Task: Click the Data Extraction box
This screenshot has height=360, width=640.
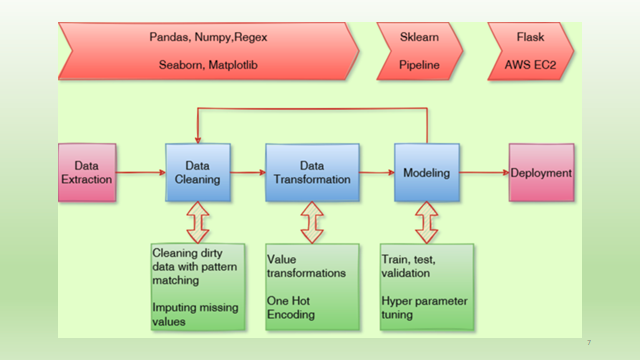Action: (87, 172)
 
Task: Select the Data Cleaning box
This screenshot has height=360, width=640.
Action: (197, 172)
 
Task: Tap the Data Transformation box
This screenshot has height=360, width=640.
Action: (311, 172)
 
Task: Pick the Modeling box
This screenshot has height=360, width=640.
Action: (426, 172)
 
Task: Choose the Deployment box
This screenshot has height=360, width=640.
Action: (541, 172)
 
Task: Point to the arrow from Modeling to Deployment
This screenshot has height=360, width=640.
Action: (484, 173)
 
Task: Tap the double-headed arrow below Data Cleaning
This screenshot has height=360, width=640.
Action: (197, 222)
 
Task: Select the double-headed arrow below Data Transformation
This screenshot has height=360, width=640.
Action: (312, 222)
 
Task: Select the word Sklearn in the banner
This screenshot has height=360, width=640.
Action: (421, 37)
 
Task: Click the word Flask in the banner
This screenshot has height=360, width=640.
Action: (531, 37)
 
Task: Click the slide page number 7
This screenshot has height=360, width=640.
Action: (588, 343)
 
